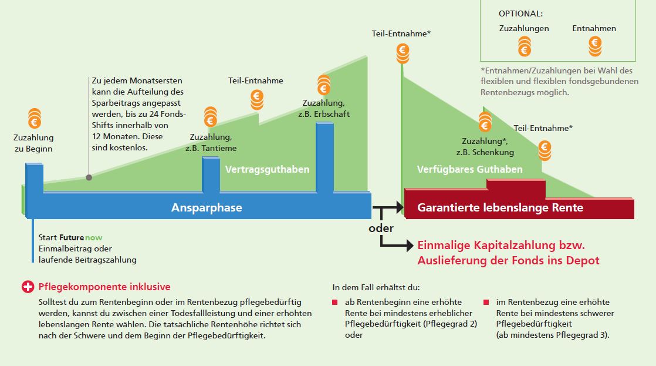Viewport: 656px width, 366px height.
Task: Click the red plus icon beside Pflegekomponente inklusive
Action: (28, 287)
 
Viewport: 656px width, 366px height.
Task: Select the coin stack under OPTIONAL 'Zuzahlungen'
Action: (524, 45)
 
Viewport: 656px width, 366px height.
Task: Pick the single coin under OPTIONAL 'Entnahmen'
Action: (594, 42)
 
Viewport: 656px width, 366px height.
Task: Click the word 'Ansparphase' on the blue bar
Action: (207, 208)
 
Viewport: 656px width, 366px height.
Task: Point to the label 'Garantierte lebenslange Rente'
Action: (500, 208)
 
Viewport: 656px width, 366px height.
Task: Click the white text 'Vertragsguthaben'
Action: (267, 170)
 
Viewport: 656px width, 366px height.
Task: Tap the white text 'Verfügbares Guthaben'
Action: (469, 170)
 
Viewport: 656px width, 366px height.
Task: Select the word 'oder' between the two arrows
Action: (381, 228)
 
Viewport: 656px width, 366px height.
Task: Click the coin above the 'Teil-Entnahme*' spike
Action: (403, 51)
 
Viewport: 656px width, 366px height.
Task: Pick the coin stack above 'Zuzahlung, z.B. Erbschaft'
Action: (323, 85)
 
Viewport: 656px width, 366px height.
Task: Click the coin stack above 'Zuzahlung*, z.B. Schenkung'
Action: (485, 122)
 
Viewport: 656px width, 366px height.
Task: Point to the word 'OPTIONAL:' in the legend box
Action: (520, 13)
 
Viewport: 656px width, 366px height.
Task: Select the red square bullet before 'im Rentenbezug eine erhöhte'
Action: (486, 303)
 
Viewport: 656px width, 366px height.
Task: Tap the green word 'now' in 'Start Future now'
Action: (93, 238)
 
